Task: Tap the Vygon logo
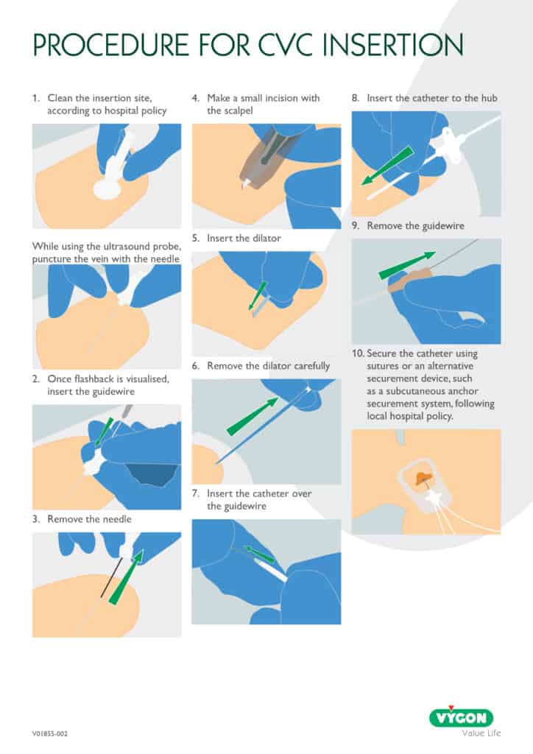pos(462,717)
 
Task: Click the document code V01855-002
pos(50,734)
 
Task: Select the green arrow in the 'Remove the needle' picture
pos(126,577)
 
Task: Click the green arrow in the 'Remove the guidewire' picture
pos(407,265)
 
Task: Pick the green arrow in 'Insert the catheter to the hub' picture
pos(387,166)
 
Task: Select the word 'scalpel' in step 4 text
pos(238,110)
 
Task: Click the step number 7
pos(195,493)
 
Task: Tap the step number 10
pos(358,353)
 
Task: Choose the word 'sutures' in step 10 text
pos(383,367)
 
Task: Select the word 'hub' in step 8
pos(490,98)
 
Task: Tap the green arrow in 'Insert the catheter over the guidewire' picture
pos(258,554)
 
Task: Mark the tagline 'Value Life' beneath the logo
pos(481,733)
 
